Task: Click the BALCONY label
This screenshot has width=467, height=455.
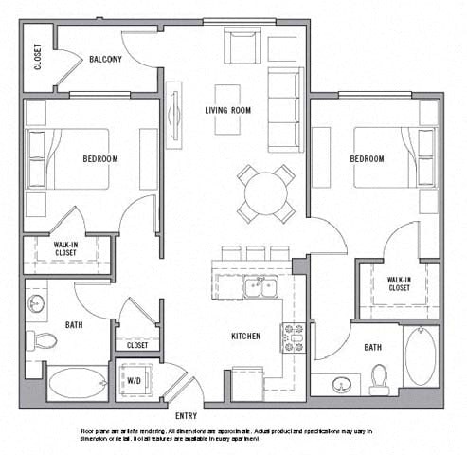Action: click(x=105, y=59)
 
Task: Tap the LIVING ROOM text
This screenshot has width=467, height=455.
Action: click(x=227, y=110)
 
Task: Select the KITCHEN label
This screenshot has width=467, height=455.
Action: click(x=246, y=336)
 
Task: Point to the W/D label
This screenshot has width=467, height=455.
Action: click(x=135, y=382)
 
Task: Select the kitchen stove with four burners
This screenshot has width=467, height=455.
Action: click(x=292, y=336)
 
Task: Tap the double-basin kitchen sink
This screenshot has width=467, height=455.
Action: click(x=259, y=287)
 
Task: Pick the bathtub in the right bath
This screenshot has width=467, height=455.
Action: click(x=421, y=357)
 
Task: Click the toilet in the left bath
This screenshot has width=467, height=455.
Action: click(x=41, y=340)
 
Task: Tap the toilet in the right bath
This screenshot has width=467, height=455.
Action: click(x=380, y=378)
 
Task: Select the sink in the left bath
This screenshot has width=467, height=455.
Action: click(x=36, y=304)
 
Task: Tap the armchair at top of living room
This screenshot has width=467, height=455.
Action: click(x=242, y=46)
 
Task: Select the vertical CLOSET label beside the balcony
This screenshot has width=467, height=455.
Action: click(x=38, y=59)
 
